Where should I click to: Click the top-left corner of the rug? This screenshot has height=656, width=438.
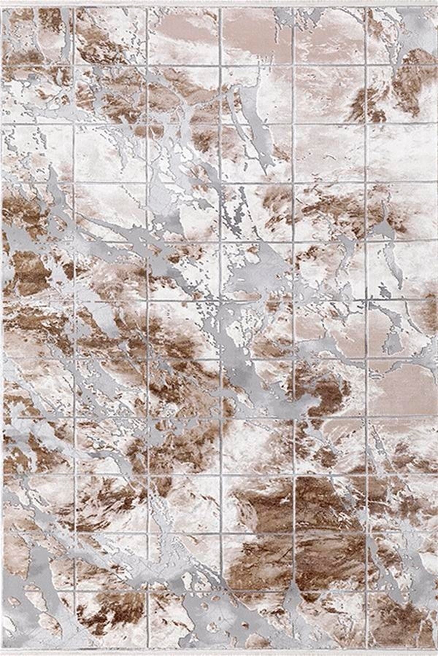point(1,1)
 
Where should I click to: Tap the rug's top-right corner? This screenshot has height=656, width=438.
point(437,1)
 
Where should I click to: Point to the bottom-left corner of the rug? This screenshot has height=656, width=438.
point(1,655)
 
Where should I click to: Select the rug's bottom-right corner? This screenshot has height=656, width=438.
point(437,655)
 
